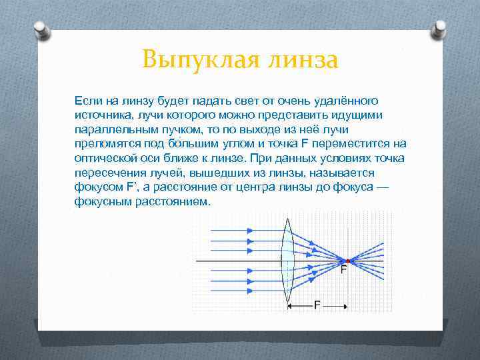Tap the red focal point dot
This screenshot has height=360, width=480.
tap(346, 260)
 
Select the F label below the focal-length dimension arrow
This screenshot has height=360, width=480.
tap(317, 305)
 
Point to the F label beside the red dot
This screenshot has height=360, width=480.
tap(343, 271)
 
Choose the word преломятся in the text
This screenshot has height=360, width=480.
tap(105, 144)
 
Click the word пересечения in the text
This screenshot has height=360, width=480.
tap(107, 173)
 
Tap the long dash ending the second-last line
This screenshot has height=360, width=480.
tap(381, 187)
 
